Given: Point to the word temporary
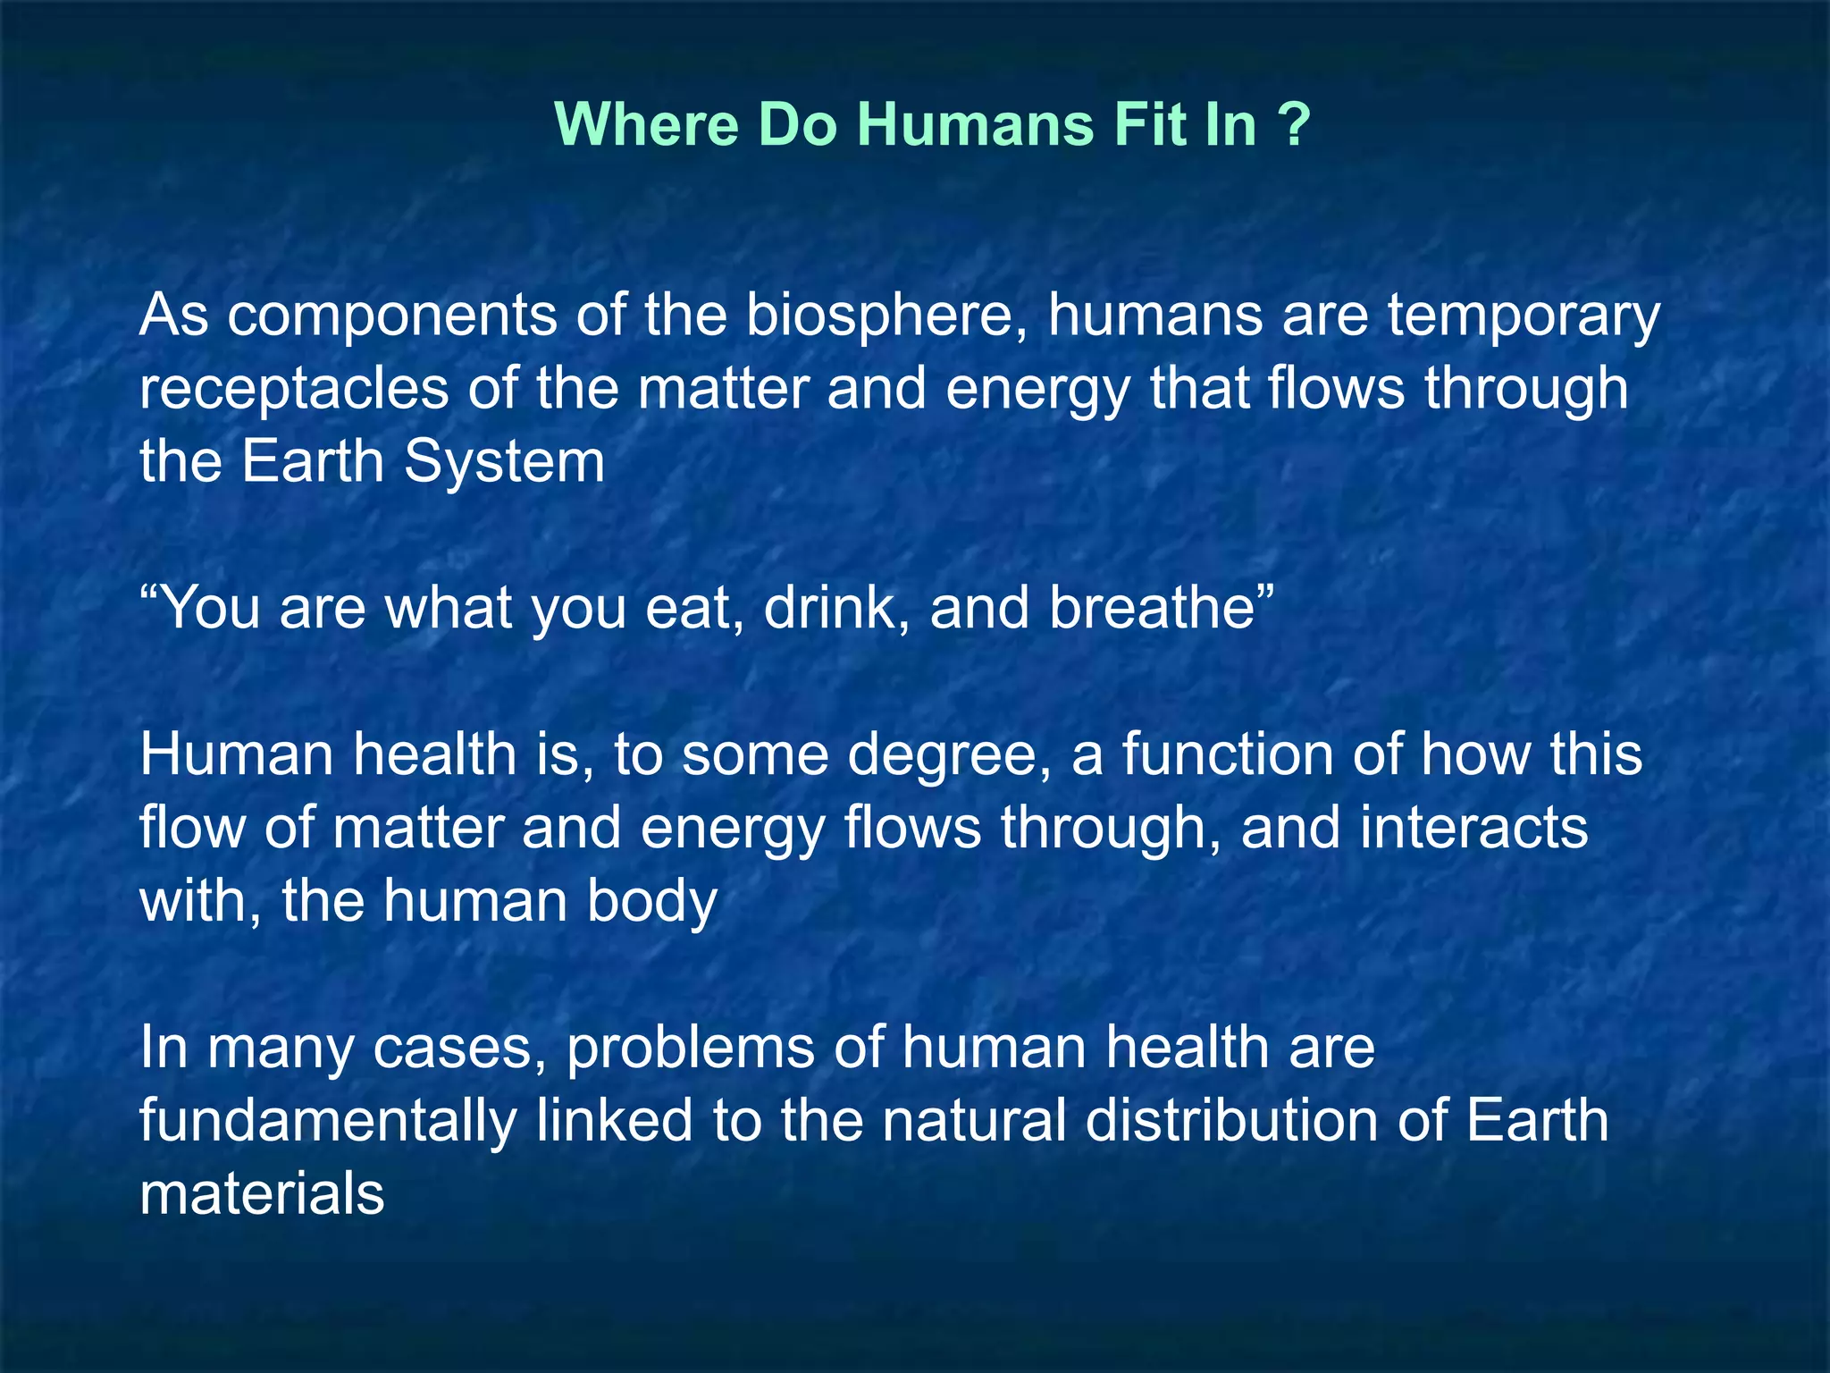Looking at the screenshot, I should click(1524, 316).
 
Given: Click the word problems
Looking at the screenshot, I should click(691, 1050).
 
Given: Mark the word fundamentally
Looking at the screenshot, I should click(327, 1122).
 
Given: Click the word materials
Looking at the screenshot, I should click(262, 1194).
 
